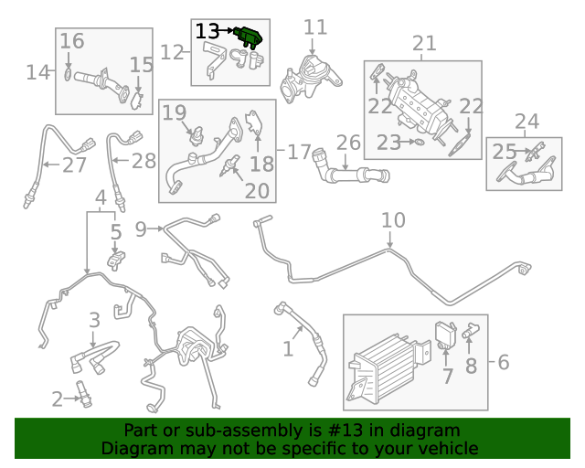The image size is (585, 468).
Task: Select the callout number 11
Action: (x=314, y=27)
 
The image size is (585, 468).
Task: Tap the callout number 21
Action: (x=424, y=43)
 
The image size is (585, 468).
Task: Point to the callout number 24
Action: (x=526, y=121)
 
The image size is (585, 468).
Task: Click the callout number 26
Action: (x=348, y=144)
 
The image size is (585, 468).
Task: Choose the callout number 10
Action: (x=392, y=220)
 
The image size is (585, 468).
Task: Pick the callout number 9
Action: (x=141, y=227)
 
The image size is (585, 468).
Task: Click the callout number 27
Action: (x=74, y=165)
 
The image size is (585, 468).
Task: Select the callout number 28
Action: (x=144, y=162)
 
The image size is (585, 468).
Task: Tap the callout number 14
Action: (x=38, y=71)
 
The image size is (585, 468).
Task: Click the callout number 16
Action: (x=72, y=41)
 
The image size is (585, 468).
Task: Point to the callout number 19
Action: (x=175, y=112)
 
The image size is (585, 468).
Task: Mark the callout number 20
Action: (x=257, y=190)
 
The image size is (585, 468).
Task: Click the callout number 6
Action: (x=503, y=363)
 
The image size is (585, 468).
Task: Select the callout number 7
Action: (x=448, y=376)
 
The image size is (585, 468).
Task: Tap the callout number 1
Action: (x=288, y=348)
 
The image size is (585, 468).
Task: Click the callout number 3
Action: (x=94, y=320)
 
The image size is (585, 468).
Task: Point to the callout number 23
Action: (x=388, y=142)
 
